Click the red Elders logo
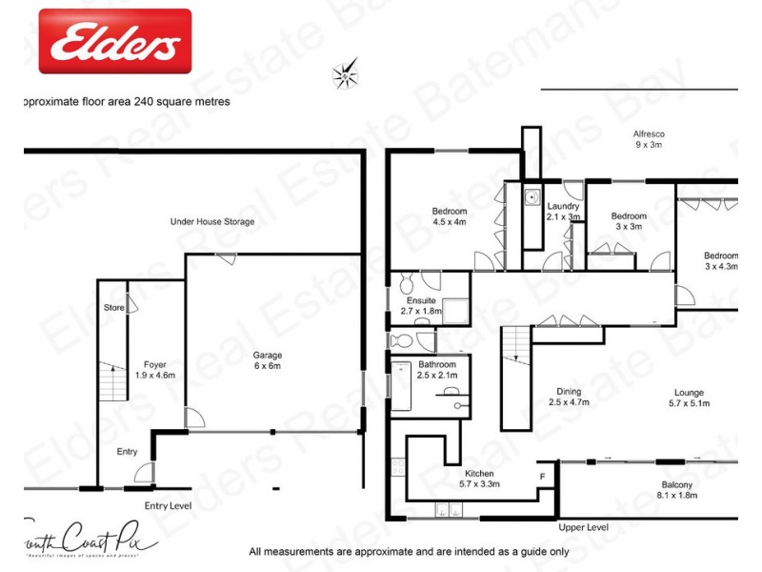point(114,41)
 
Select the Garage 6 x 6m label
point(268,360)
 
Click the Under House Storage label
point(211,221)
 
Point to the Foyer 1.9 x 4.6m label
point(154,370)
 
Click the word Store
point(113,308)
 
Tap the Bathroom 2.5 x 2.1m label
point(437,370)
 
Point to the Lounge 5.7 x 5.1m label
point(689,397)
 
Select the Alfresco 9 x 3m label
point(648,139)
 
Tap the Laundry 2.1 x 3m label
point(563,212)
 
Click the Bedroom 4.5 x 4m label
point(449,216)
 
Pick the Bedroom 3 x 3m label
point(629,221)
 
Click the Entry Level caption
point(169,506)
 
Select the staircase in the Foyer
point(112,381)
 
